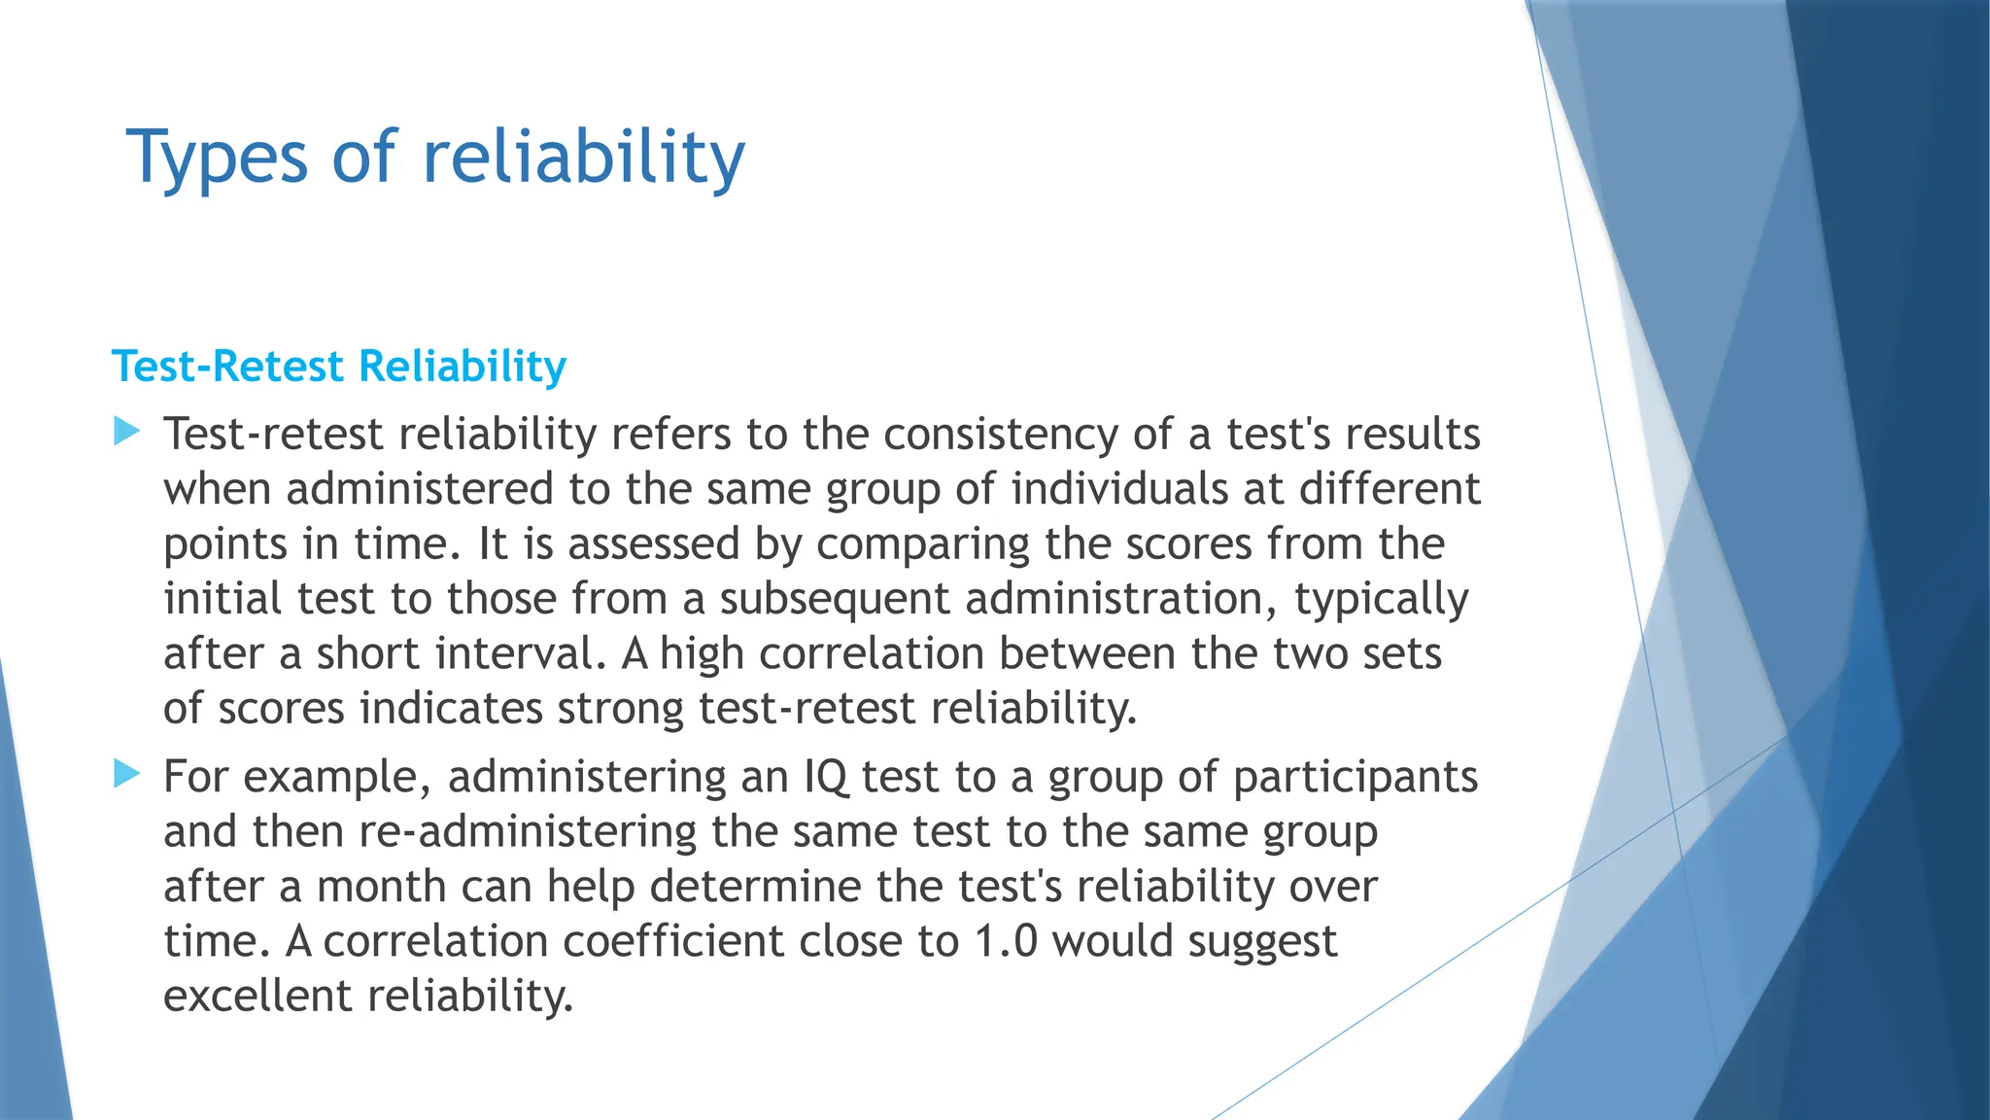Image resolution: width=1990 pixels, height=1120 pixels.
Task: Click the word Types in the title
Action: pos(218,157)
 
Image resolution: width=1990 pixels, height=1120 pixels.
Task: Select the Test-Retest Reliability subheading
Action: pos(339,367)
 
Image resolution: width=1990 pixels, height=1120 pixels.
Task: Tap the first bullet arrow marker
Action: pos(126,431)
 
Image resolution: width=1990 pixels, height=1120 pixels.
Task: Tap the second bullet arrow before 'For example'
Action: pos(126,774)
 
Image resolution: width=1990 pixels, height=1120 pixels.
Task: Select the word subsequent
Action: pos(834,599)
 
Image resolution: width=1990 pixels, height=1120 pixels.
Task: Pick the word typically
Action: pos(1381,599)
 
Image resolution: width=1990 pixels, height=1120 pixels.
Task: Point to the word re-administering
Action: pos(528,832)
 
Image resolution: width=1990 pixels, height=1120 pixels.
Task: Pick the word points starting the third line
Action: pos(224,544)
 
